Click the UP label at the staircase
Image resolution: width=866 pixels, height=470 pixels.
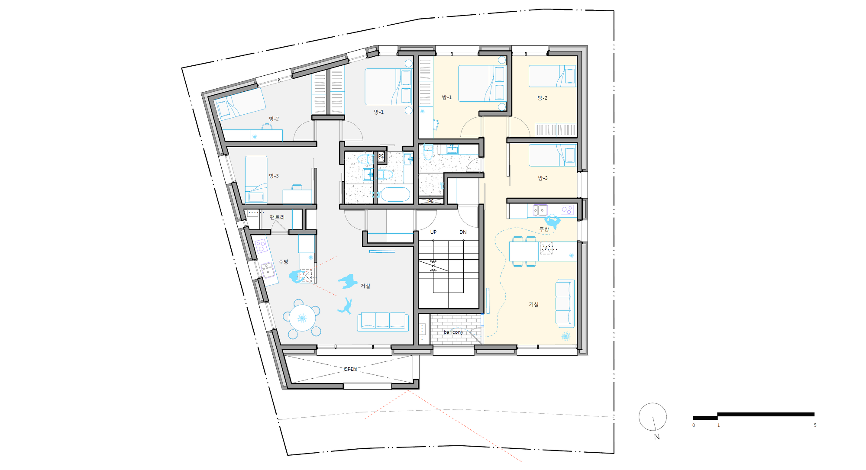pyautogui.click(x=433, y=232)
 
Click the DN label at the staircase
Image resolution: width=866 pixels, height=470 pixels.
pyautogui.click(x=463, y=232)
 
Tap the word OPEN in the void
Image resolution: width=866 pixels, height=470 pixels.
pyautogui.click(x=350, y=369)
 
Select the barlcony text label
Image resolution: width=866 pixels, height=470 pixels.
pyautogui.click(x=453, y=332)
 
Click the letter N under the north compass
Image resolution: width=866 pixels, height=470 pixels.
pyautogui.click(x=657, y=437)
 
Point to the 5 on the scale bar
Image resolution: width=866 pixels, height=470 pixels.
pyautogui.click(x=815, y=425)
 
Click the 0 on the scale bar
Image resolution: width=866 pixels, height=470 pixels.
pyautogui.click(x=693, y=425)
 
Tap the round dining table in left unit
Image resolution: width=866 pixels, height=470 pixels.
pyautogui.click(x=302, y=318)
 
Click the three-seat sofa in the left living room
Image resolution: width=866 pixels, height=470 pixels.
pyautogui.click(x=383, y=322)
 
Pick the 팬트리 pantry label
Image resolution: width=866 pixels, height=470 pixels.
pyautogui.click(x=277, y=217)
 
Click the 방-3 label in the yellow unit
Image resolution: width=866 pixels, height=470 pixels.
pyautogui.click(x=543, y=178)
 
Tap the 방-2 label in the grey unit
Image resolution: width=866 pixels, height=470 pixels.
pyautogui.click(x=274, y=119)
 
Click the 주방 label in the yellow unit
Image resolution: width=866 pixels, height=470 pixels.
pyautogui.click(x=544, y=229)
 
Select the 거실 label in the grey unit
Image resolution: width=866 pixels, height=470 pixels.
pyautogui.click(x=365, y=286)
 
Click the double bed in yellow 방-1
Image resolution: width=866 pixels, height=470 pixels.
pyautogui.click(x=482, y=84)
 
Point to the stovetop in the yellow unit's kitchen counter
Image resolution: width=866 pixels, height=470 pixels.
pyautogui.click(x=567, y=210)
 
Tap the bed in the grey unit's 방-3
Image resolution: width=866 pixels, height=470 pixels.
pyautogui.click(x=256, y=180)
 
